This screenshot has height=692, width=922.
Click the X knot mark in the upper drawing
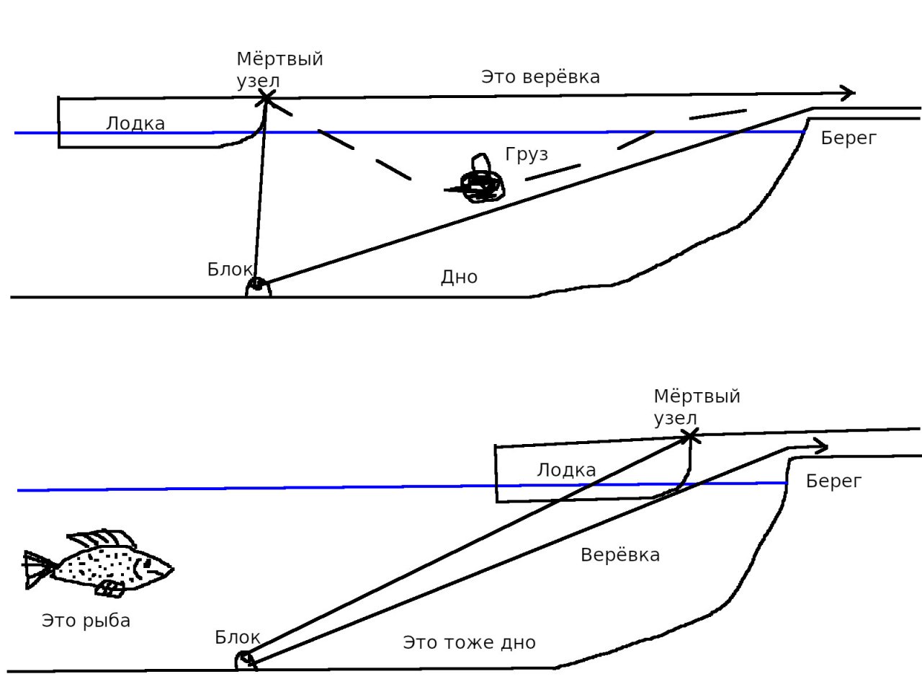point(267,96)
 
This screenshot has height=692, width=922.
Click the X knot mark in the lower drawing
point(690,435)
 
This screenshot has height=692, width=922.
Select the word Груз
point(527,154)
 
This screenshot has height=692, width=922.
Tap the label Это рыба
point(86,621)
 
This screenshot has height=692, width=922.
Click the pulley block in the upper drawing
point(258,287)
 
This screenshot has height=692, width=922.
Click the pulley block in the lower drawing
point(245,660)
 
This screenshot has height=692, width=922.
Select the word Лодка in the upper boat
point(135,123)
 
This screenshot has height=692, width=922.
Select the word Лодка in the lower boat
point(566,471)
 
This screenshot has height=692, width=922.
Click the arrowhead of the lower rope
point(820,446)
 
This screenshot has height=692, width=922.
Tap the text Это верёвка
point(540,76)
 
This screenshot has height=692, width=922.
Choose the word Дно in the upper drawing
point(459,277)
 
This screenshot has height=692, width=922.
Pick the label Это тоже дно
point(469,642)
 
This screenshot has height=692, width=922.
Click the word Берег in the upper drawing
point(849,138)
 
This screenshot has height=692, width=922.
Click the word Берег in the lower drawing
point(833,481)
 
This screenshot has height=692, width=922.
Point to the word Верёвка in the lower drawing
point(619,555)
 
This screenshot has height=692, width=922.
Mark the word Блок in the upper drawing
point(230,270)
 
